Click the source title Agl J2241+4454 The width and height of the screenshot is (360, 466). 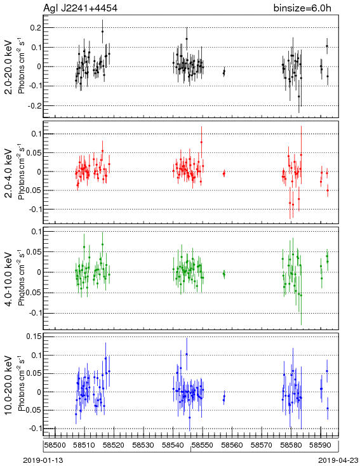[x=80, y=8]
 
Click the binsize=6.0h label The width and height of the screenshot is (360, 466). [x=302, y=8]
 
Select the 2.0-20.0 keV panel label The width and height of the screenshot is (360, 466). [x=9, y=67]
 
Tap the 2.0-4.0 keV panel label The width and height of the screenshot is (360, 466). [x=9, y=173]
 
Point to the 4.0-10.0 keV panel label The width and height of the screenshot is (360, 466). [x=9, y=279]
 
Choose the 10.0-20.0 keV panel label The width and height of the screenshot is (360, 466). [x=9, y=385]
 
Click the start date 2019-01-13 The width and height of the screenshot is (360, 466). [x=43, y=460]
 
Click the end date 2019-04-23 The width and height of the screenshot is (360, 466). [x=338, y=460]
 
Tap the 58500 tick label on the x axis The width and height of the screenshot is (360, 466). [x=55, y=445]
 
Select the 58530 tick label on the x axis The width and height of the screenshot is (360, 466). [x=143, y=445]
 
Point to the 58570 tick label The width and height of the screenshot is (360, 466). [x=262, y=445]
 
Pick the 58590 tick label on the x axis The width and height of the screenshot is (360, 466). [x=321, y=445]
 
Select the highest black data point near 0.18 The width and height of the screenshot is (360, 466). [x=103, y=32]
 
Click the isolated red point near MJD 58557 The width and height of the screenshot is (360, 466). [x=224, y=173]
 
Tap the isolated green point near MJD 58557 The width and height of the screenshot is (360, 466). [x=224, y=274]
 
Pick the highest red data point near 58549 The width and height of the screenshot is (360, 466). [x=201, y=142]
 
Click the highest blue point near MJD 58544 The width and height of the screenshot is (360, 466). [x=187, y=354]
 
